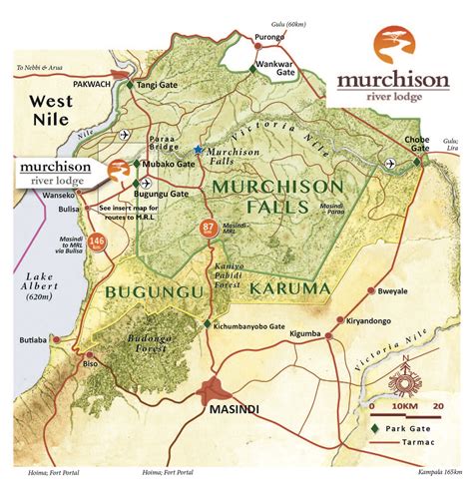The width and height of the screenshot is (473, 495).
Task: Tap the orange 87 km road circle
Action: click(209, 227)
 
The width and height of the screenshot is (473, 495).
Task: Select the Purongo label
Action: click(269, 38)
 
